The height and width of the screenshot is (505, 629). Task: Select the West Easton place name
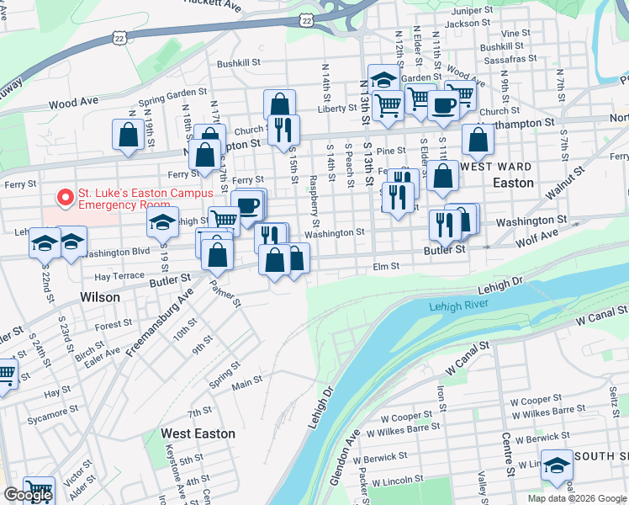198,433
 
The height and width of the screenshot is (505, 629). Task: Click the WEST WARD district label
497,167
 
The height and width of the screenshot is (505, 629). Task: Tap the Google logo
28,495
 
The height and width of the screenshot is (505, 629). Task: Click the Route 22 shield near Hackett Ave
309,18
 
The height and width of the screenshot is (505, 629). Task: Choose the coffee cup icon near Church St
443,105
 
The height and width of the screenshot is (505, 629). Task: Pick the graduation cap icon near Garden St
383,79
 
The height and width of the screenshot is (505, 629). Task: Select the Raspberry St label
314,204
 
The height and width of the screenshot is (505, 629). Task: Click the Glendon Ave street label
345,459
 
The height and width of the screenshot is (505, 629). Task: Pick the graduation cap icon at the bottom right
556,465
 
